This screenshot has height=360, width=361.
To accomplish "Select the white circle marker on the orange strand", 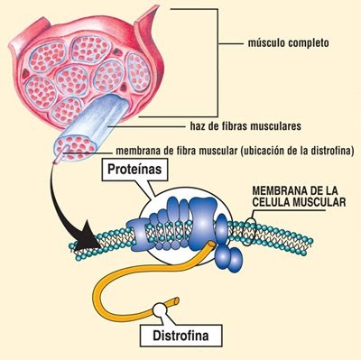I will coord(162,309).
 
